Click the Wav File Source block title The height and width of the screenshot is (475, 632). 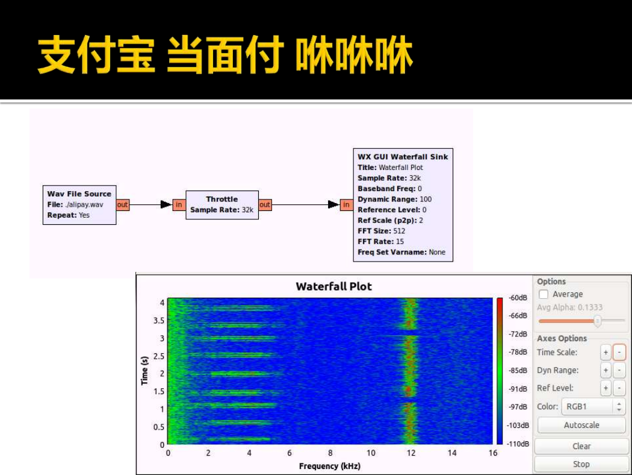(79, 193)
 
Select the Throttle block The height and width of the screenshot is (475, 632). (222, 204)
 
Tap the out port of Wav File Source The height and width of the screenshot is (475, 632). (123, 204)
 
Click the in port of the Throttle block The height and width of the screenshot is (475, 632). (179, 204)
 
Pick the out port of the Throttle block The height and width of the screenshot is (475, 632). (265, 204)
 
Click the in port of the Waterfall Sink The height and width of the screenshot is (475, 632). (347, 204)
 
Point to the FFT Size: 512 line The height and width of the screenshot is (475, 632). (381, 231)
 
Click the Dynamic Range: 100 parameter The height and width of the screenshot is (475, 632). (395, 199)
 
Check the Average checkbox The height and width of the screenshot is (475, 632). (544, 294)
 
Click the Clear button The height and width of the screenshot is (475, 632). (581, 446)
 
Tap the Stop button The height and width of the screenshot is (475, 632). (581, 464)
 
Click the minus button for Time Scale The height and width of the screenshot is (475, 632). (619, 352)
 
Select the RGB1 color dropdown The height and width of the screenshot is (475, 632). (593, 406)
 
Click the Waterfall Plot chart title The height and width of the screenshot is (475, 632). (333, 286)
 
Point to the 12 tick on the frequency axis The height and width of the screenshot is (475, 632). (410, 453)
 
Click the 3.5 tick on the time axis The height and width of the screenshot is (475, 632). (159, 321)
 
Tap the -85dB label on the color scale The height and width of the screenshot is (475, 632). (518, 371)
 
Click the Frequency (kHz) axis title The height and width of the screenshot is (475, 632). (330, 466)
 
